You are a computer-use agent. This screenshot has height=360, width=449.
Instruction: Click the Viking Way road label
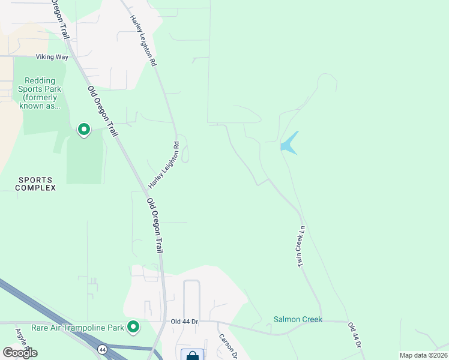click(52, 58)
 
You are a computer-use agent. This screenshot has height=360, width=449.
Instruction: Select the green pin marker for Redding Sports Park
click(84, 129)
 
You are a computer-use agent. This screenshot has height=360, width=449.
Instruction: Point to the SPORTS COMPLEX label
click(37, 184)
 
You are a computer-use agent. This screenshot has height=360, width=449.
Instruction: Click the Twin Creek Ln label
click(303, 247)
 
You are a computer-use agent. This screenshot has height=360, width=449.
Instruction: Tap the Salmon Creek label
click(298, 319)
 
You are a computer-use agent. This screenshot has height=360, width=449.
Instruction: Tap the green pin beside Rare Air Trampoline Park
click(133, 327)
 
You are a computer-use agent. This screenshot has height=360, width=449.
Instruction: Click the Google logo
click(20, 353)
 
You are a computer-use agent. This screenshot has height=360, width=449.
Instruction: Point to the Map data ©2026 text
click(423, 355)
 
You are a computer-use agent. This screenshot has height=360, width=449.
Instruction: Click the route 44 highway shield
click(103, 349)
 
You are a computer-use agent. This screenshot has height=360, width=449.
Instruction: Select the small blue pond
click(289, 143)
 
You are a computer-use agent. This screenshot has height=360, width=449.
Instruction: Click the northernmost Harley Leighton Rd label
click(143, 40)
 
